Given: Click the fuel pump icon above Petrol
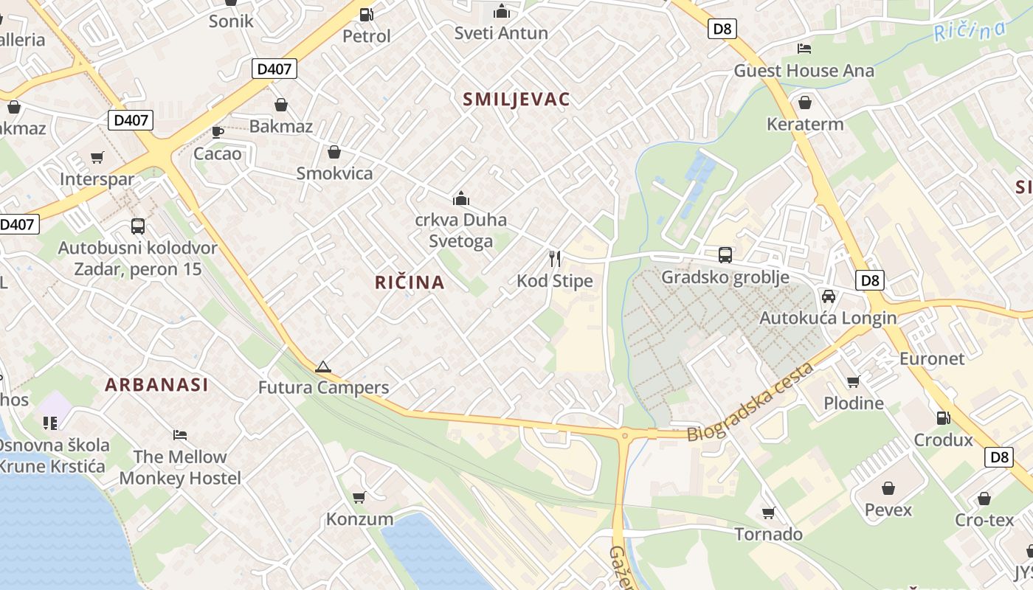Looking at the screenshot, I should (366, 14).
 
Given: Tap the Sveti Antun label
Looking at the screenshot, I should (501, 33).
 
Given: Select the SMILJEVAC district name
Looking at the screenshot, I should (516, 100).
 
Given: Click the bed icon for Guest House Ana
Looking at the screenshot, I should (804, 49).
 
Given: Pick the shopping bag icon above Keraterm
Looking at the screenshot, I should (805, 102).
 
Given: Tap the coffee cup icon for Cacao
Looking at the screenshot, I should (218, 132).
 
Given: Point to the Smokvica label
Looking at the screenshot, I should (334, 173).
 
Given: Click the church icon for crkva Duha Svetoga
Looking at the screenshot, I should (461, 198).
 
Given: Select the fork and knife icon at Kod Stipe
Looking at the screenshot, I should (555, 258).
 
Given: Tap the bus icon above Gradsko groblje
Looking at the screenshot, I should (725, 255).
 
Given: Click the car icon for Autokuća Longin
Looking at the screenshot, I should (829, 296).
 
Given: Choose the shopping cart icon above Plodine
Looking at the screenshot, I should (854, 381).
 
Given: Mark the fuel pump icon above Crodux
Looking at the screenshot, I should (943, 418).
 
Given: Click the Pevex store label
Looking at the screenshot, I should (888, 510).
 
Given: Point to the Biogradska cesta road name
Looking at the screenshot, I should (750, 402).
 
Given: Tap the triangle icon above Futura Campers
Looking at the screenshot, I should (322, 367).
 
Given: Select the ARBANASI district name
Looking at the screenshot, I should (156, 384).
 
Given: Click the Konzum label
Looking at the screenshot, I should (359, 519).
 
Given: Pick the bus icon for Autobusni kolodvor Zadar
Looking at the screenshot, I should (138, 226).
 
